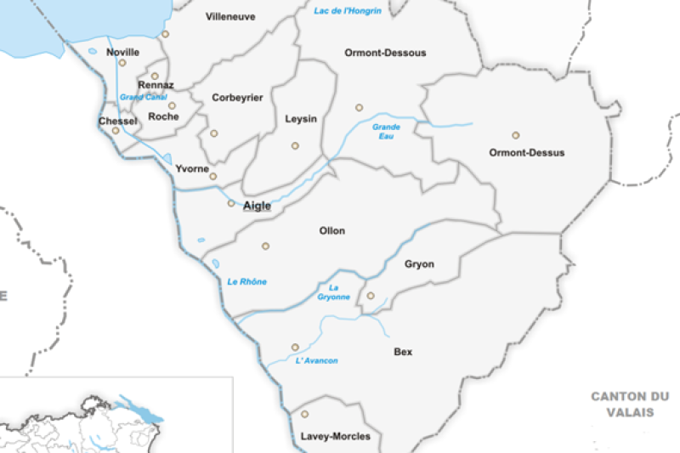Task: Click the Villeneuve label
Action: pos(230,16)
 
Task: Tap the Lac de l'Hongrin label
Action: pos(348,10)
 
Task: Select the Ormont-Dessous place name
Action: pos(385,53)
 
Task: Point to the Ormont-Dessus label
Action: pos(527,153)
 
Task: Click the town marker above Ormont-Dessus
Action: pos(515,135)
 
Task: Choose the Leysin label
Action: pos(301,119)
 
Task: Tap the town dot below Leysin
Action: pos(295,146)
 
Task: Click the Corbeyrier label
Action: pos(237,98)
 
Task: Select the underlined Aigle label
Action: pos(257,206)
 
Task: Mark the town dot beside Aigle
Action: pos(231,203)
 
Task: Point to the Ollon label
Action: pos(331,230)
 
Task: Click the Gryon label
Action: pos(419,264)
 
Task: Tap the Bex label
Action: pos(403,351)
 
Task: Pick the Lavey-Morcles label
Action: pos(336,436)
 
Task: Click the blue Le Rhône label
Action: pos(247,281)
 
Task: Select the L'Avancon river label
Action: pos(316,361)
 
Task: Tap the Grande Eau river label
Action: pos(386,132)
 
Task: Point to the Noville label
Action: pos(123,53)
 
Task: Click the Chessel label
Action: pos(118,122)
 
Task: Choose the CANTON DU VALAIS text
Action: pos(630,404)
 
